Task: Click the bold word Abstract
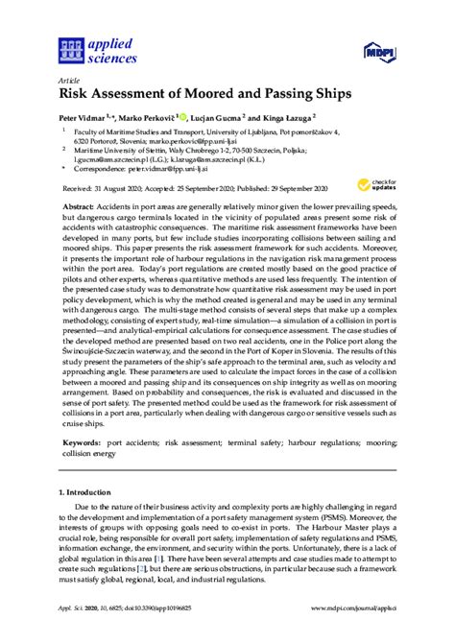80,205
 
